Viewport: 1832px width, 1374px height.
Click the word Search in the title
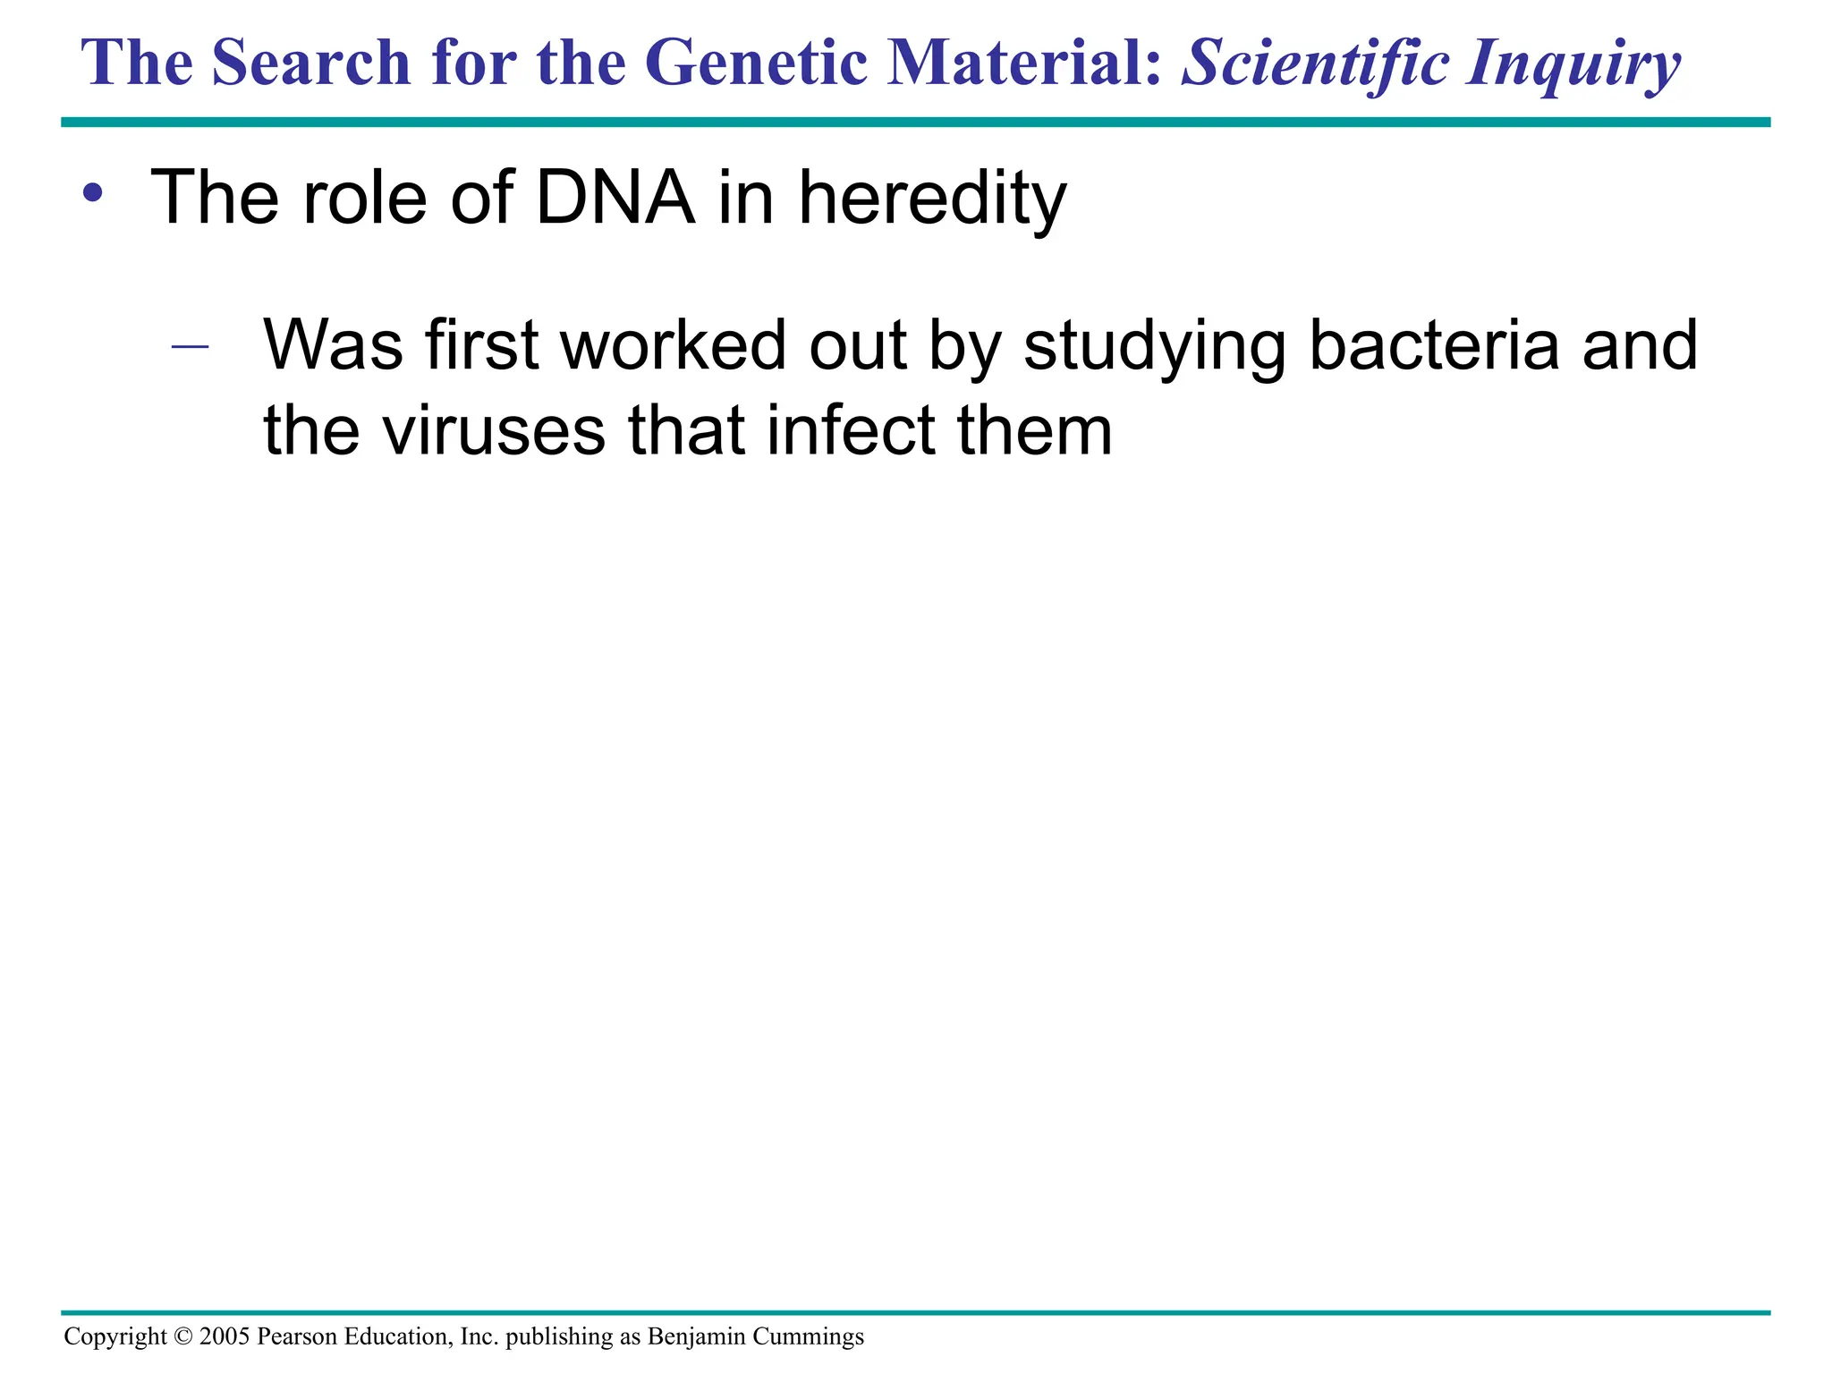tap(310, 63)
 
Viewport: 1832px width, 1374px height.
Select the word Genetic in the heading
tap(755, 63)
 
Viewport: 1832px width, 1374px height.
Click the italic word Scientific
tap(1314, 63)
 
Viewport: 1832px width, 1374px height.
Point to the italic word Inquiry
tap(1573, 64)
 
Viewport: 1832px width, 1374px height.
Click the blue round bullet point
tap(92, 191)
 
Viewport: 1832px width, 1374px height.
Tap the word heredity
tap(931, 199)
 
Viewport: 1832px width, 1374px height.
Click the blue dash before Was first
tap(190, 346)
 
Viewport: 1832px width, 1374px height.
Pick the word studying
tap(1154, 347)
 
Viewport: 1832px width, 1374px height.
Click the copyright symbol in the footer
tap(182, 1336)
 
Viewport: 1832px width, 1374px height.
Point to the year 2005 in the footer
tap(224, 1336)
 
